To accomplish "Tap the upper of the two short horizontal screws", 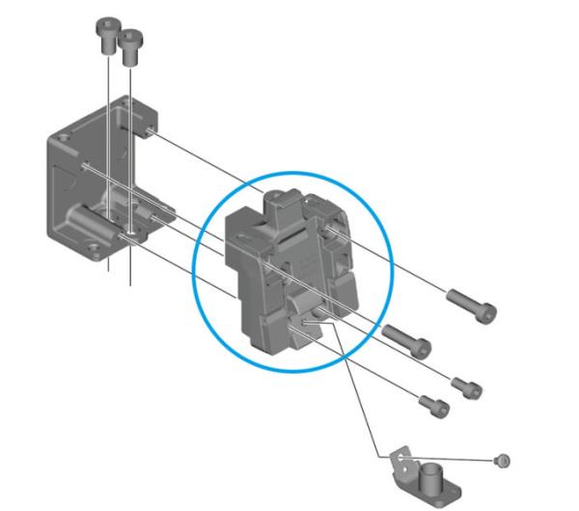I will click(467, 384).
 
